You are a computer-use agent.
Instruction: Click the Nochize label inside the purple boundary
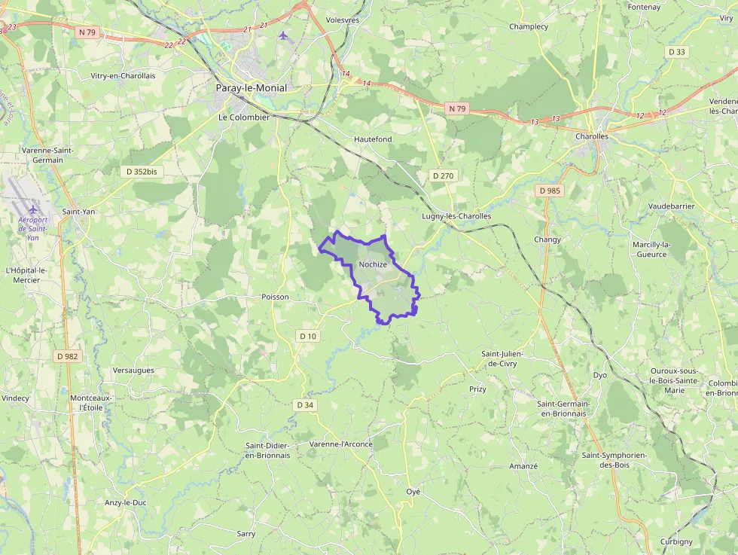point(373,264)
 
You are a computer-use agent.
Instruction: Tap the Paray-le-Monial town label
point(251,88)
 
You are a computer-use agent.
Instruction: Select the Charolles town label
point(591,137)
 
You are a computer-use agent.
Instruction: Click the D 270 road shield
point(444,175)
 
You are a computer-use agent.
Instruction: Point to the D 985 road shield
point(550,191)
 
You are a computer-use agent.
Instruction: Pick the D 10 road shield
point(307,336)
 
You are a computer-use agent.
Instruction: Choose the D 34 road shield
point(305,405)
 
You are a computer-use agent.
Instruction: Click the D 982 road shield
point(67,356)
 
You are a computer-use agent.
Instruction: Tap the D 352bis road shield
point(142,172)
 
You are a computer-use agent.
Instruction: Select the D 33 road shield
point(676,52)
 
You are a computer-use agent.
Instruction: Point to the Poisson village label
point(275,297)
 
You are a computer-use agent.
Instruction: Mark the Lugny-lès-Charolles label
point(456,216)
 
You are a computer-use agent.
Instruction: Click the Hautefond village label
point(373,139)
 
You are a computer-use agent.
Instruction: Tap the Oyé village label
point(413,491)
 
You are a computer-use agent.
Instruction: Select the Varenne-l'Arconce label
point(341,444)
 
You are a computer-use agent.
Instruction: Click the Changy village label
point(547,239)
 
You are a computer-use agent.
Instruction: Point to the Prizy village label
point(477,389)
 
